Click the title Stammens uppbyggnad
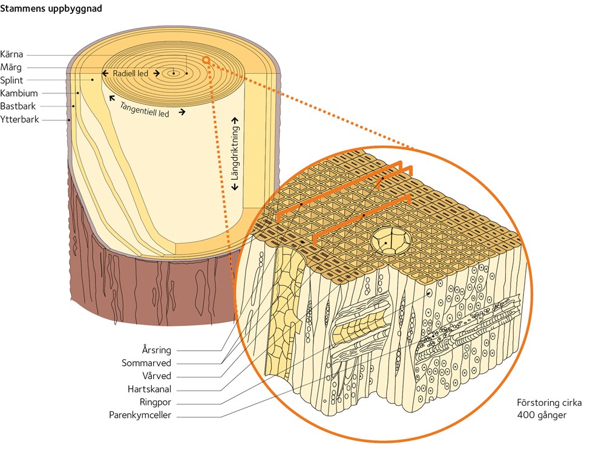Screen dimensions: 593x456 click(x=51, y=8)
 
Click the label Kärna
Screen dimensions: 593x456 click(x=11, y=54)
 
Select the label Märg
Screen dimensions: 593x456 click(x=11, y=67)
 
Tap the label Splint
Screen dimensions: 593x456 click(x=11, y=80)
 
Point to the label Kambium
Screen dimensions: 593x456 click(x=19, y=93)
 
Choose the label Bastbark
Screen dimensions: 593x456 click(x=18, y=106)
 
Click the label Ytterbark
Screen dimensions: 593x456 click(x=19, y=119)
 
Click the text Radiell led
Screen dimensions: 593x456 click(x=131, y=73)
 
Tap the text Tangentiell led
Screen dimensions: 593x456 click(x=145, y=109)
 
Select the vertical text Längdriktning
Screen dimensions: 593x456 click(x=235, y=153)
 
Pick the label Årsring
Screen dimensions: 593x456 click(x=157, y=350)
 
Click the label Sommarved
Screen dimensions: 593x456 click(x=146, y=363)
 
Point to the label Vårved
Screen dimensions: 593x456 click(x=157, y=376)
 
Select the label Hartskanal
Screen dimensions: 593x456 click(x=149, y=389)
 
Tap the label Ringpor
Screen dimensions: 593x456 click(x=156, y=402)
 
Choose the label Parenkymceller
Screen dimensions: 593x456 click(x=140, y=415)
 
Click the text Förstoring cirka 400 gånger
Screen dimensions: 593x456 click(x=549, y=409)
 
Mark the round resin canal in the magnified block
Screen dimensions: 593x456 click(x=391, y=241)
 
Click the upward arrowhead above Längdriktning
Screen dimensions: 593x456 click(x=235, y=120)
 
